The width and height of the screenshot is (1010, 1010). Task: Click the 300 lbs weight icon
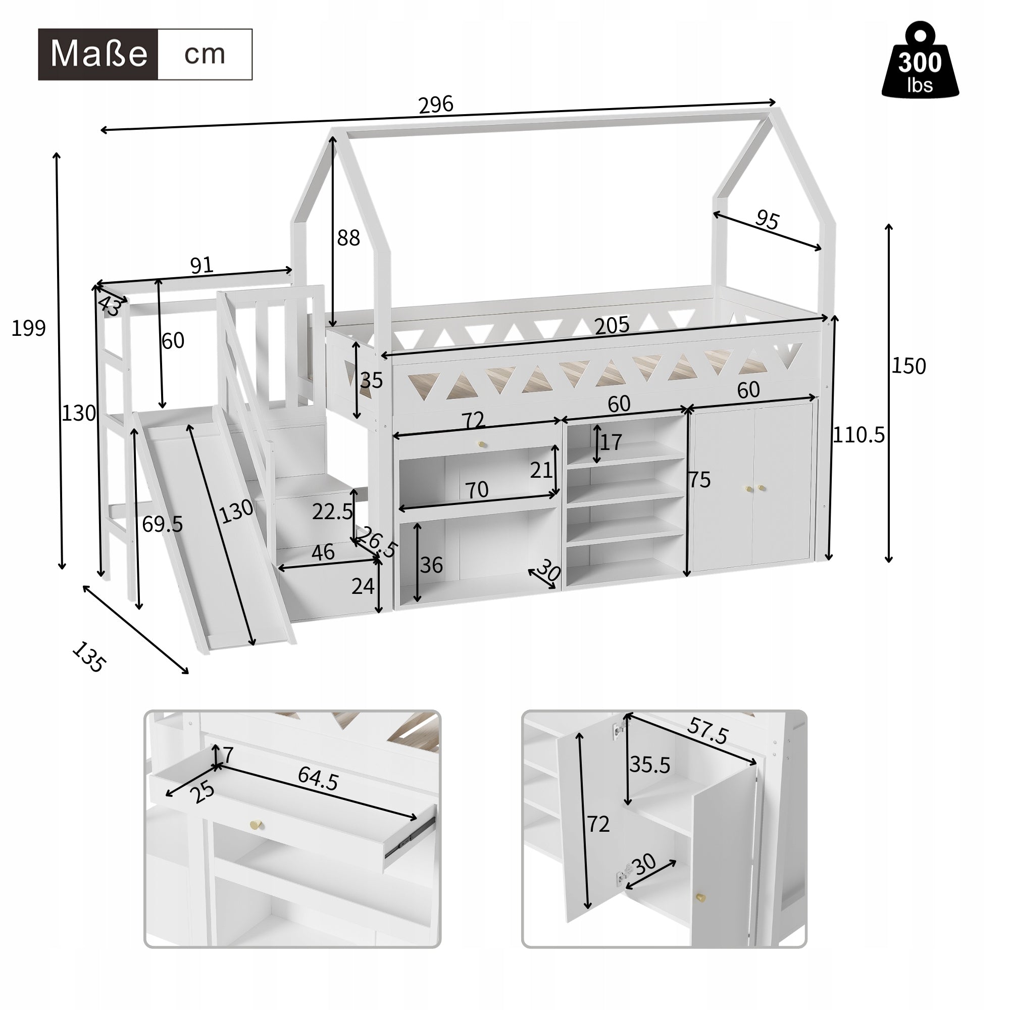coord(920,62)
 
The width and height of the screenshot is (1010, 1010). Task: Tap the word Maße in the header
coord(98,55)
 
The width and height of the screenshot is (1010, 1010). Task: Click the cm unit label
coord(205,55)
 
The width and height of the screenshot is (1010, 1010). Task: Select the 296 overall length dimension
coord(435,105)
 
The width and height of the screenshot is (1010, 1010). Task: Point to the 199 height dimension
coord(28,328)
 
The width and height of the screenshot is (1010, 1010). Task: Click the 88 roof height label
coord(348,238)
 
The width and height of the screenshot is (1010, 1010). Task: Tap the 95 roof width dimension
coord(767,220)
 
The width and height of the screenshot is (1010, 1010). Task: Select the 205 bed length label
coord(612,326)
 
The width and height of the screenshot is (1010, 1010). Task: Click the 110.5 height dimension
coord(858,434)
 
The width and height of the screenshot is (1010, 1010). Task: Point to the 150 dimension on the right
coord(908,366)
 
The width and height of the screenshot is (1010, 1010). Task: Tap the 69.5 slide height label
coord(162,524)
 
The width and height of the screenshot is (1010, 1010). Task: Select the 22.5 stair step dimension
coord(332,512)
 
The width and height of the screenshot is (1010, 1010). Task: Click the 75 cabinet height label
coord(699,480)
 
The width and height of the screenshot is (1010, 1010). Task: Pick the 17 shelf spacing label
coord(611,442)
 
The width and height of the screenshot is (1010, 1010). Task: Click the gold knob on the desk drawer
coord(482,444)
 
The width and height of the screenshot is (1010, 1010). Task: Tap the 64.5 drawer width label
coord(318,779)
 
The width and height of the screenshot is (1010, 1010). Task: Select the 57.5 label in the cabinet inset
coord(708,731)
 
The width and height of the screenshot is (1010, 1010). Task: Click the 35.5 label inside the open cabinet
coord(649,765)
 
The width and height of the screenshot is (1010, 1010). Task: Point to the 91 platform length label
coord(201,266)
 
